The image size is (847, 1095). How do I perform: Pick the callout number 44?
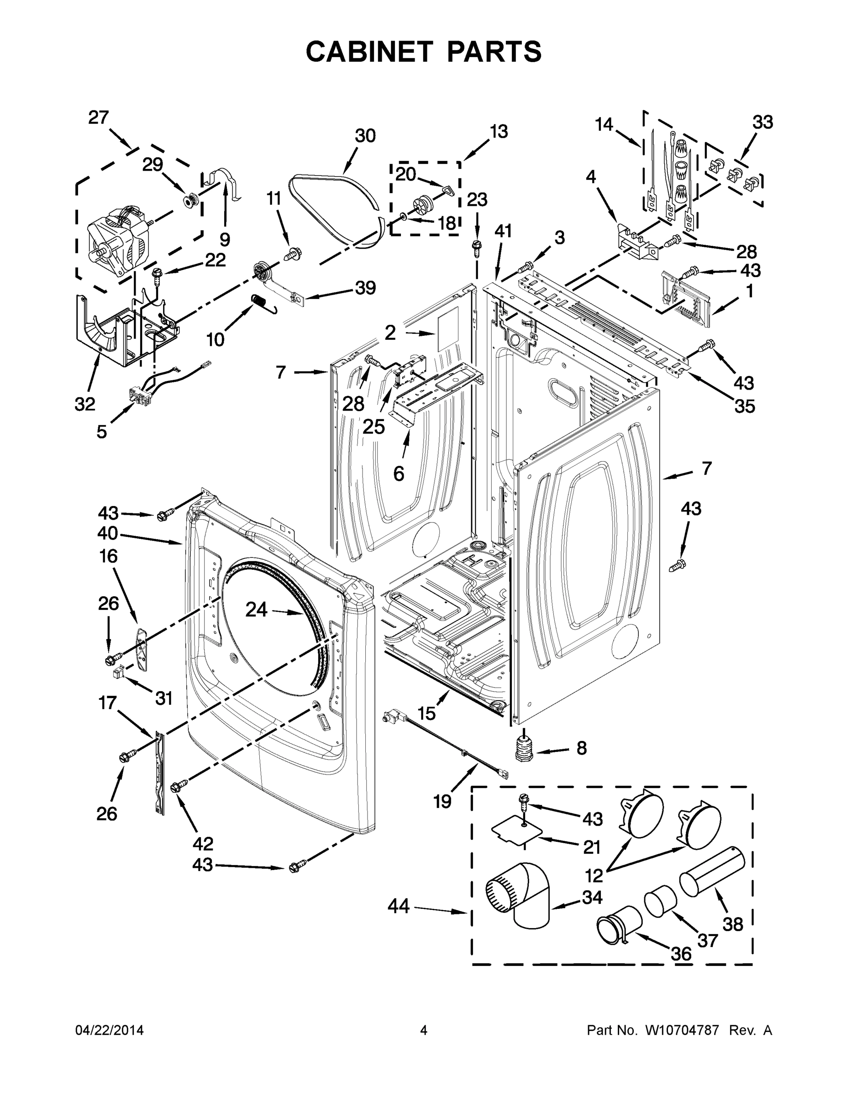coord(399,906)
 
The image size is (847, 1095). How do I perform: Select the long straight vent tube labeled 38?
coord(711,873)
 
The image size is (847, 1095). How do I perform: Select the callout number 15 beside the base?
coord(426,713)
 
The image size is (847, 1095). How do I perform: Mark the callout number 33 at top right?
coord(762,122)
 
